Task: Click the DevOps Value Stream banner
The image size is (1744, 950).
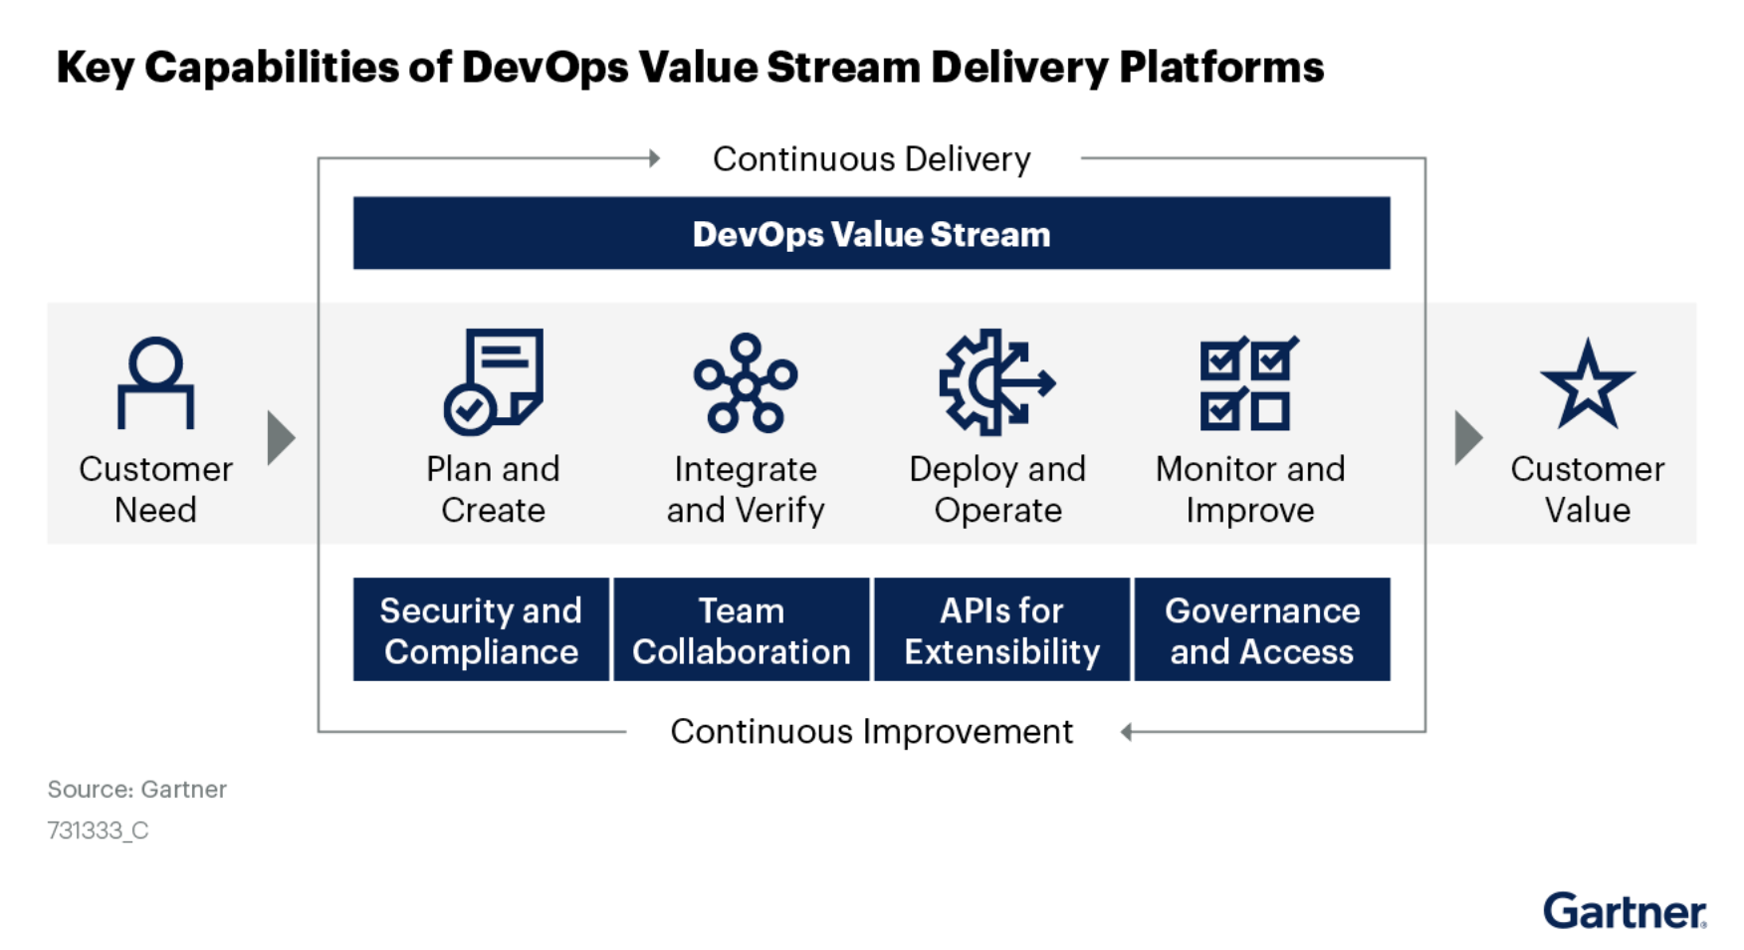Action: pos(871,234)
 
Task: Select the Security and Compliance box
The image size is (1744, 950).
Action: pos(481,630)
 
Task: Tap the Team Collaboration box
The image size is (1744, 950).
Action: pos(742,630)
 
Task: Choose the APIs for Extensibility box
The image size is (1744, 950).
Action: pos(1002,630)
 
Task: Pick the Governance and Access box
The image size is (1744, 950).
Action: pos(1262,630)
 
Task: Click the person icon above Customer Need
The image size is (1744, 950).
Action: pos(155,383)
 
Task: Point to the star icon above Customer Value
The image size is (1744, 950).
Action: pos(1587,384)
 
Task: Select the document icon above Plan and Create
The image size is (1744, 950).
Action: pos(494,381)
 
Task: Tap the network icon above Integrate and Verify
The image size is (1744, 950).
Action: pos(746,383)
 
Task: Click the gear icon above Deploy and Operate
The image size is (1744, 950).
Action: pos(996,382)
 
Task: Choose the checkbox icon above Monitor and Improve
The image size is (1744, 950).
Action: pos(1248,383)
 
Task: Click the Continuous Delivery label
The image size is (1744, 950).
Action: pos(871,159)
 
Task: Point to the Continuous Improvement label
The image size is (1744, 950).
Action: pos(871,732)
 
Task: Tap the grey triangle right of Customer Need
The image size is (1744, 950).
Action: pos(281,437)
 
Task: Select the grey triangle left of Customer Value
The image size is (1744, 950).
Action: pos(1467,437)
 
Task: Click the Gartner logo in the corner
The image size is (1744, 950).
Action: pos(1625,911)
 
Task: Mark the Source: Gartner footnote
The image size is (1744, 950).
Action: pos(137,790)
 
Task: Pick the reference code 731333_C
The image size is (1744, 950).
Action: pos(98,831)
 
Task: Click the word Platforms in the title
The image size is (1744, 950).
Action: pos(1221,68)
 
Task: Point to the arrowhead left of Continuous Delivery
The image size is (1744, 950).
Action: pos(654,158)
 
